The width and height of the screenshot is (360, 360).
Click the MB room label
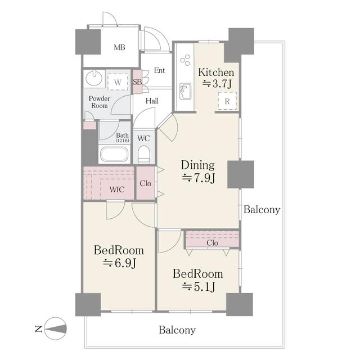(x=119, y=47)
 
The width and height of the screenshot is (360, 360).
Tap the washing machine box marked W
(x=118, y=82)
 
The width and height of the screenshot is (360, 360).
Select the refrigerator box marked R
(x=227, y=101)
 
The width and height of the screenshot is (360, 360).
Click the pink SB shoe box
(x=137, y=82)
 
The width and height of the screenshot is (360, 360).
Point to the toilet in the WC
(x=144, y=154)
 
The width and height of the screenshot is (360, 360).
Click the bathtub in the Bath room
(x=114, y=154)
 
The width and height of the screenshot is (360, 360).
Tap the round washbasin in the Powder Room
(x=94, y=78)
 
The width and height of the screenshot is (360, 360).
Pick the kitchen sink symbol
(x=185, y=91)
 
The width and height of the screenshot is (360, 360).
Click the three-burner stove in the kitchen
(x=185, y=60)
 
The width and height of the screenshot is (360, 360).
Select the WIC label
(x=117, y=190)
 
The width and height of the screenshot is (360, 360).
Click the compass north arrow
(x=55, y=328)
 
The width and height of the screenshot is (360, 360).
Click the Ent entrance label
(x=159, y=70)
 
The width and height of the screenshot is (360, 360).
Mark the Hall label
(x=152, y=101)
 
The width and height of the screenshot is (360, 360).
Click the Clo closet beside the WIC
(x=146, y=183)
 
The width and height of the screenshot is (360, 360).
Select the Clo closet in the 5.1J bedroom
(x=213, y=240)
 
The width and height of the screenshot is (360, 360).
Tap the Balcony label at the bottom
(x=177, y=330)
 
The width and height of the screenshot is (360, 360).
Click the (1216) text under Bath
(x=123, y=140)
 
